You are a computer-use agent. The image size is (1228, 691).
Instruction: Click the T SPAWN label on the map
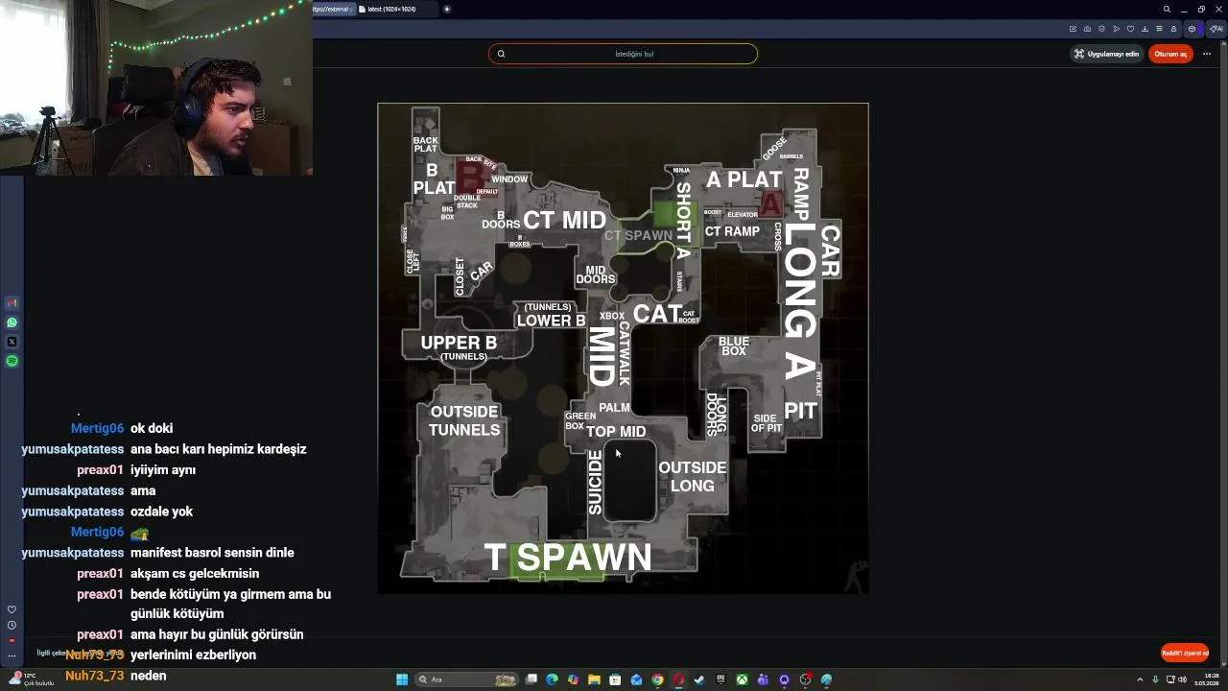pyautogui.click(x=568, y=557)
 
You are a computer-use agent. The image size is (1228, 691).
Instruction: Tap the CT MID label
pyautogui.click(x=564, y=220)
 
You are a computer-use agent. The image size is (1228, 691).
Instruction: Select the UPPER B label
pyautogui.click(x=459, y=343)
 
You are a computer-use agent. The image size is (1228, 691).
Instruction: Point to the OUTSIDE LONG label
pyautogui.click(x=692, y=476)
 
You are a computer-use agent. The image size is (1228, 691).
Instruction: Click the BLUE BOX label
pyautogui.click(x=734, y=346)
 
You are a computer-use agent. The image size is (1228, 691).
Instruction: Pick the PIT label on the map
pyautogui.click(x=800, y=411)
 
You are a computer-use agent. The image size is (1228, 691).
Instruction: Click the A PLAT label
pyautogui.click(x=744, y=179)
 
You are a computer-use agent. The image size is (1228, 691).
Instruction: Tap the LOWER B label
pyautogui.click(x=551, y=321)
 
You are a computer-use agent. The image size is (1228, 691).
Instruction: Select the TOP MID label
pyautogui.click(x=616, y=432)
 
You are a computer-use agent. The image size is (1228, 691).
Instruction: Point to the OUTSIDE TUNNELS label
pyautogui.click(x=464, y=420)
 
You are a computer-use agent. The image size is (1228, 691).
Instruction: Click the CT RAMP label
pyautogui.click(x=732, y=231)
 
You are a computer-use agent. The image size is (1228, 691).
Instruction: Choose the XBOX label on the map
pyautogui.click(x=612, y=316)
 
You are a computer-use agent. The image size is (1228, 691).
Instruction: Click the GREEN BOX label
pyautogui.click(x=579, y=421)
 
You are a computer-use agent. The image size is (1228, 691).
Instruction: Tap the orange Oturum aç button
pyautogui.click(x=1170, y=54)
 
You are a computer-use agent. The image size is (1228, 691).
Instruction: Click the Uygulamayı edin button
pyautogui.click(x=1106, y=54)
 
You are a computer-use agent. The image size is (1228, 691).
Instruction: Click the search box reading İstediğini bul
pyautogui.click(x=623, y=54)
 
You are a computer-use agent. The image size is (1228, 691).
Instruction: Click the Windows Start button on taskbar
pyautogui.click(x=402, y=679)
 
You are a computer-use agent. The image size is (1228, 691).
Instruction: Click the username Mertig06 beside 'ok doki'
pyautogui.click(x=97, y=428)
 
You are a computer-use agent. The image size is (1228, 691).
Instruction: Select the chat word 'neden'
pyautogui.click(x=149, y=676)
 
